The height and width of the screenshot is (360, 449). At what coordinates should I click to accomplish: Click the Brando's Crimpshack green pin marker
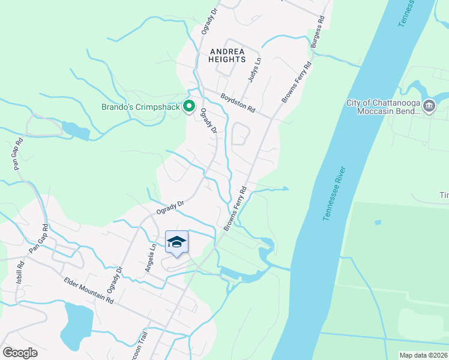[189, 107]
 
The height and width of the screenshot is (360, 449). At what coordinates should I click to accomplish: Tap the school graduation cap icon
[176, 242]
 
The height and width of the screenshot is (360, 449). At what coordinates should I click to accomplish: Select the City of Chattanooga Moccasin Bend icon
[429, 106]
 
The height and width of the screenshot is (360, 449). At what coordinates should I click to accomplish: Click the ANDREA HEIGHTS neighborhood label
[228, 55]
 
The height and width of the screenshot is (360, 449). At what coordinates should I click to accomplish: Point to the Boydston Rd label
[238, 103]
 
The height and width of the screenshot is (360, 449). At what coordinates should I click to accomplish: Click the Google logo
[20, 353]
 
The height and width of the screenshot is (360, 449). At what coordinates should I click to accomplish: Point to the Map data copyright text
[423, 355]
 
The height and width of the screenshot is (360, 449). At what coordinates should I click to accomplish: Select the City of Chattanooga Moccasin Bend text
[384, 107]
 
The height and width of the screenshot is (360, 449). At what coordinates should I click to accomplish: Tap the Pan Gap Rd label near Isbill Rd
[38, 239]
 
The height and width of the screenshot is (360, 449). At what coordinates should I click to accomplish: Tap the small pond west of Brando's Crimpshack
[74, 130]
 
